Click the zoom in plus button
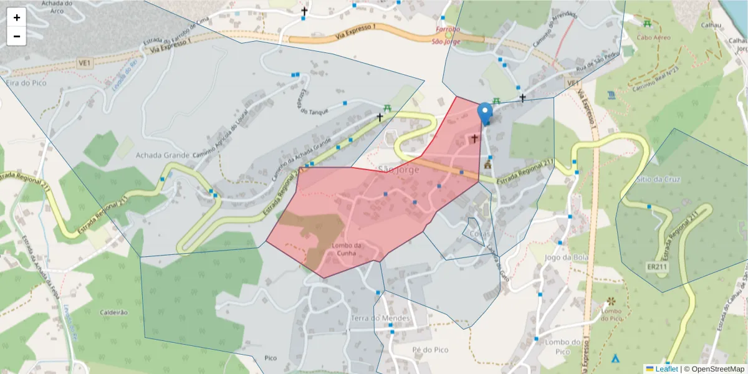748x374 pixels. tap(17, 17)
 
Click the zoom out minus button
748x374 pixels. tap(17, 36)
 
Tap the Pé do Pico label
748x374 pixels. tap(431, 350)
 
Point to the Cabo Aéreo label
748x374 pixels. tap(653, 37)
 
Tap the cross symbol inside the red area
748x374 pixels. tap(474, 138)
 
